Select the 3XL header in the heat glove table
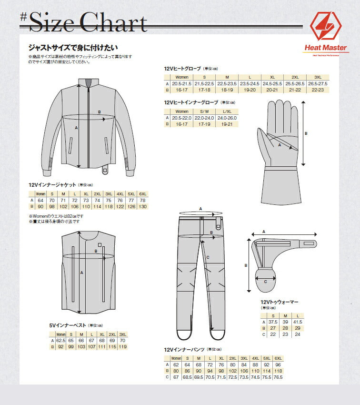pos(317,77)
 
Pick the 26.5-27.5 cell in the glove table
pos(317,83)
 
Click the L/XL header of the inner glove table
pos(227,111)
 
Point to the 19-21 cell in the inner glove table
pos(227,124)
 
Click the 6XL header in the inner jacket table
pos(143,194)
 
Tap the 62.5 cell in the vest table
pos(61,341)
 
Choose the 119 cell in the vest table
pos(122,347)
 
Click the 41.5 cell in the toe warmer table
pos(298,322)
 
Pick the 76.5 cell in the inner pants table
pos(279,377)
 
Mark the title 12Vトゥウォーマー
pos(279,302)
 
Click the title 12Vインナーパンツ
pos(184,350)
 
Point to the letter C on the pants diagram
pos(209,258)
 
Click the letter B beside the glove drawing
pos(306,134)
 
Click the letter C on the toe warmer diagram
pos(266,282)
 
